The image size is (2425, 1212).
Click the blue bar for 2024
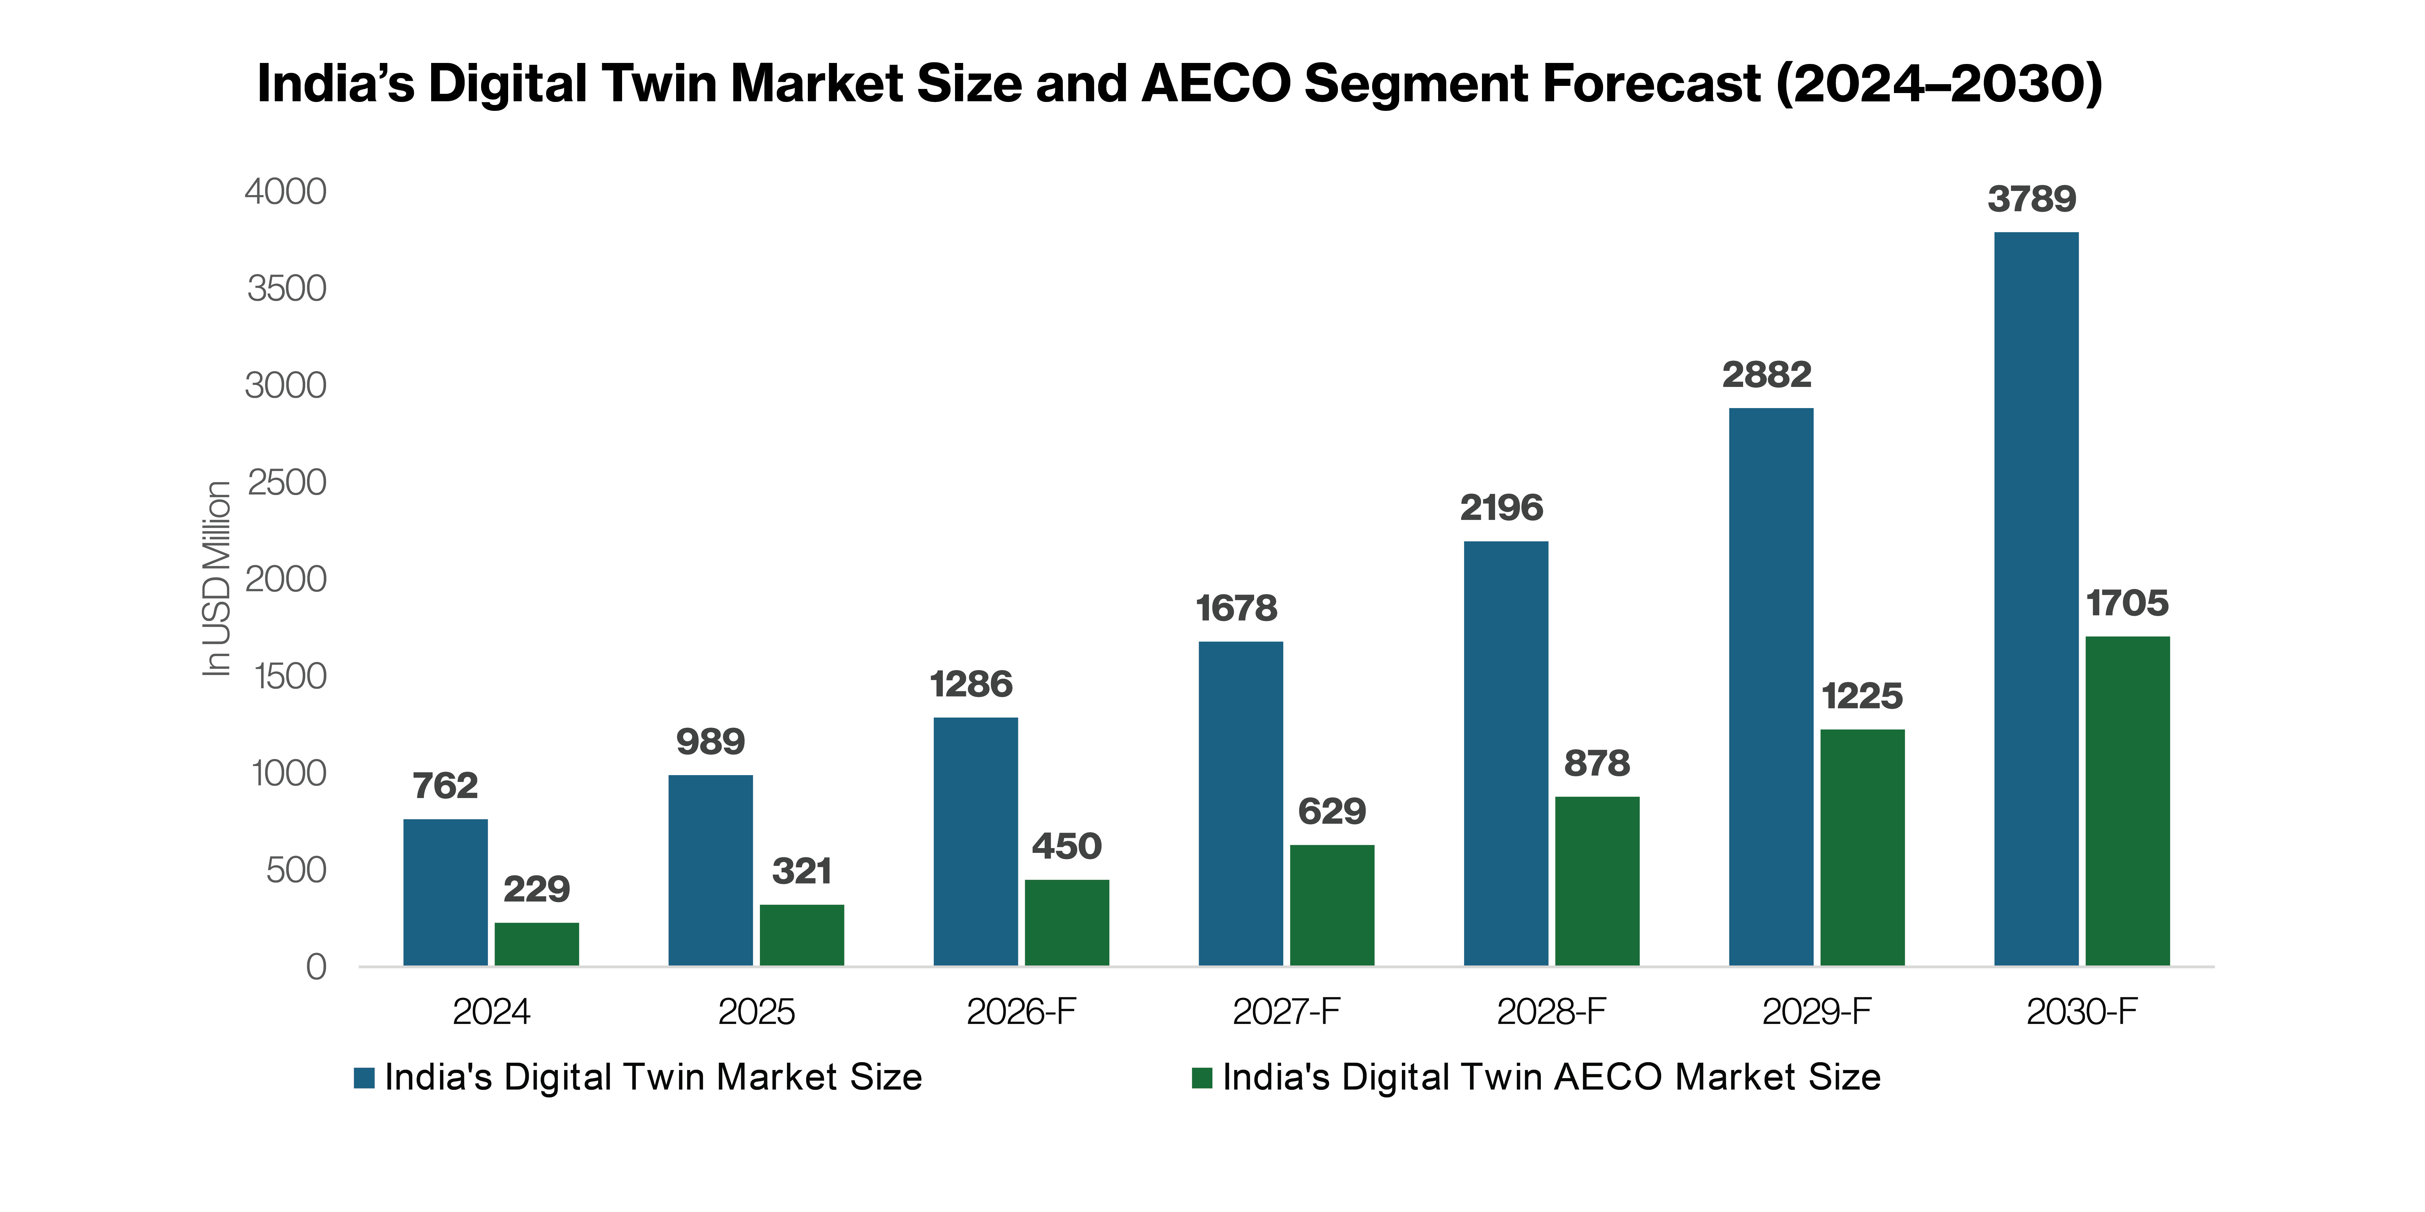[x=445, y=892]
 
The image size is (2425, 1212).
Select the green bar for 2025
[x=802, y=935]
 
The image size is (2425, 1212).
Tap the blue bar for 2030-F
[x=2036, y=598]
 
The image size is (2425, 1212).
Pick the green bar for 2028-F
[x=1598, y=881]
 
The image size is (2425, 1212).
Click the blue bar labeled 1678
[x=1241, y=804]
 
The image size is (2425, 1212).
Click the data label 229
[x=537, y=889]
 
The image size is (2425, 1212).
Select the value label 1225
[x=1862, y=696]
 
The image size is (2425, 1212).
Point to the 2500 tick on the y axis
[x=286, y=483]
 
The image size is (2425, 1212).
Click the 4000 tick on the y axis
[x=286, y=192]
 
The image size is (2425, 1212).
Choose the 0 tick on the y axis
[x=316, y=967]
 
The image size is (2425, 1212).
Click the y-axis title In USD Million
[x=218, y=579]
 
